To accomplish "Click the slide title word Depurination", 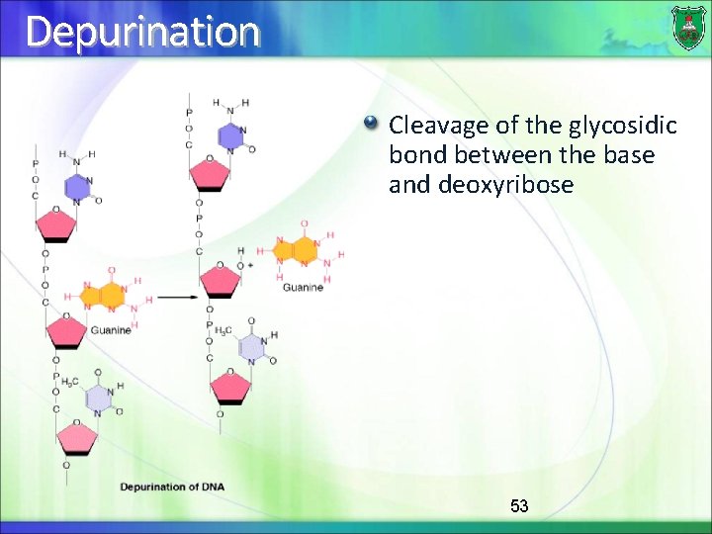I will tap(143, 32).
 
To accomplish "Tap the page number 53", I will tap(519, 506).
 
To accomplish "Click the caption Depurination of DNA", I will tap(173, 487).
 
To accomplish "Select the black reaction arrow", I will tap(178, 296).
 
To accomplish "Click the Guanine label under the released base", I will tap(303, 288).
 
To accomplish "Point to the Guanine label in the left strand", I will tap(111, 330).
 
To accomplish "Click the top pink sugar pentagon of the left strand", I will tap(56, 225).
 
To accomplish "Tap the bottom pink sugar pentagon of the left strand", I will tap(76, 436).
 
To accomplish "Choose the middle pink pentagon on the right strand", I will tap(220, 281).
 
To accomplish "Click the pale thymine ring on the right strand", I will tap(251, 347).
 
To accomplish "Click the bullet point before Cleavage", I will tap(371, 124).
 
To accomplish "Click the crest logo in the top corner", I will tap(688, 27).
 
